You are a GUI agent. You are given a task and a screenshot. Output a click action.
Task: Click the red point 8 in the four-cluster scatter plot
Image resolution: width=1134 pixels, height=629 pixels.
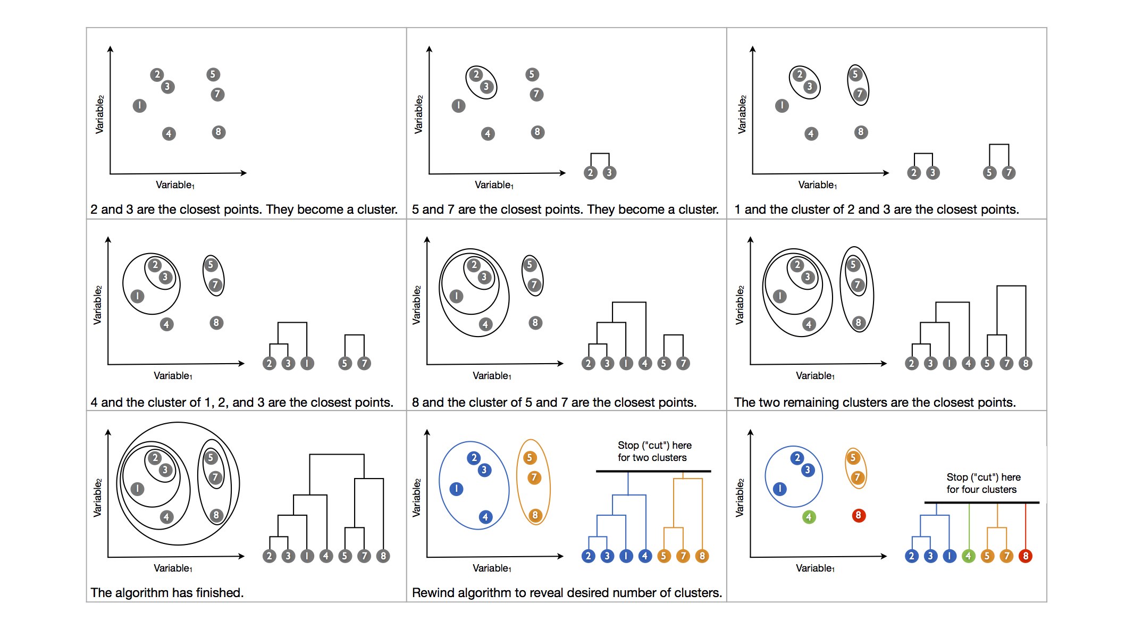[858, 515]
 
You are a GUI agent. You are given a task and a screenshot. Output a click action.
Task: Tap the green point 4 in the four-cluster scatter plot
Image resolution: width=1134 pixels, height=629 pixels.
[809, 517]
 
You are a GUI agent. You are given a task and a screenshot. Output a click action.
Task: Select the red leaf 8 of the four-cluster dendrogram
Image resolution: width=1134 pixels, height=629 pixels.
[1026, 556]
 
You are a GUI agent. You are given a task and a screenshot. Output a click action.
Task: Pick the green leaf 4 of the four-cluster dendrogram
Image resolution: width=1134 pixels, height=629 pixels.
[969, 556]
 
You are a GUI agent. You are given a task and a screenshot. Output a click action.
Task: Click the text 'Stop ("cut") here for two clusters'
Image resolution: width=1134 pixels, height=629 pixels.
[654, 451]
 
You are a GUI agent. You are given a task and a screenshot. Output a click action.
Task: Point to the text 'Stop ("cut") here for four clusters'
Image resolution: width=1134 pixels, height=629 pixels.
[983, 483]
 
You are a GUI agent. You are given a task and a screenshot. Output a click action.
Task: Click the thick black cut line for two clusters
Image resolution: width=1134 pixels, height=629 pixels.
[653, 471]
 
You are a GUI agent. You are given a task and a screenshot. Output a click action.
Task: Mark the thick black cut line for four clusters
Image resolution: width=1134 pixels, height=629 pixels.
[981, 502]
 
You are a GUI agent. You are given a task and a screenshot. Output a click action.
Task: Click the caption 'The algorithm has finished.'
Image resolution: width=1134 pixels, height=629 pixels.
[167, 593]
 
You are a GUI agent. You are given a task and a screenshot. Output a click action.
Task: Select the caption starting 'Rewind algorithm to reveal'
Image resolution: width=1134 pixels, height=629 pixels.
[567, 593]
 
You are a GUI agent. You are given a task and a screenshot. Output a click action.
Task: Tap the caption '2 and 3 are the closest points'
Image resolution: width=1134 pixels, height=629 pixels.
[244, 209]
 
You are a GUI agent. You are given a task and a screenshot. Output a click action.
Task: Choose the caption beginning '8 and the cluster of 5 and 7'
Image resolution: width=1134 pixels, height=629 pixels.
[554, 402]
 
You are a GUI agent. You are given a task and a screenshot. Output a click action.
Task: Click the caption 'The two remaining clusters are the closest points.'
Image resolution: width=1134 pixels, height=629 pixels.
[875, 402]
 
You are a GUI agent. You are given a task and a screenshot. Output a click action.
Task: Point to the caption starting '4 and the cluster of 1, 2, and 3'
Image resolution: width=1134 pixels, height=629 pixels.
[242, 402]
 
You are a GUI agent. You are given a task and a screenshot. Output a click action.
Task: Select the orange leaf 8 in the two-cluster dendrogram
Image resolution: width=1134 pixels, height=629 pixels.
[702, 556]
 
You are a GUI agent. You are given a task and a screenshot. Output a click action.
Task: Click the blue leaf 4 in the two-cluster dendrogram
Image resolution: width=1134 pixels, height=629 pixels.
[645, 556]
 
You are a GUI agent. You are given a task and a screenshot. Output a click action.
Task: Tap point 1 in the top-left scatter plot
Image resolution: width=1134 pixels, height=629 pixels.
[139, 106]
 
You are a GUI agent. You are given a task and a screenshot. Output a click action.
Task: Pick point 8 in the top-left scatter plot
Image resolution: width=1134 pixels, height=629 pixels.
[219, 132]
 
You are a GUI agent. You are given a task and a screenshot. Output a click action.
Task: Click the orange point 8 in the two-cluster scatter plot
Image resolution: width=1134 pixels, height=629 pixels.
[535, 515]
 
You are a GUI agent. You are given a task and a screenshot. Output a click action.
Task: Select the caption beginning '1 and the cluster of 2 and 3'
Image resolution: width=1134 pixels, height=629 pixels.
[876, 209]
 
